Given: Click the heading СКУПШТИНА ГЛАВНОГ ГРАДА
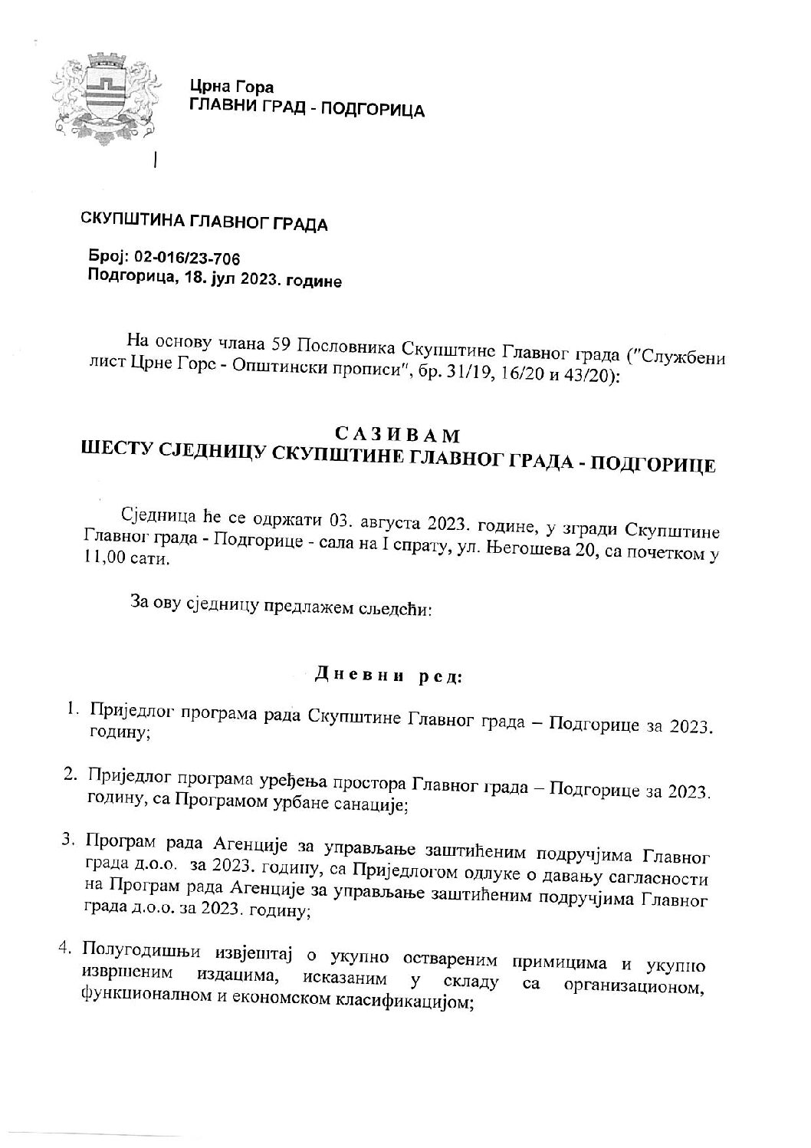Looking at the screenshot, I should (205, 224).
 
